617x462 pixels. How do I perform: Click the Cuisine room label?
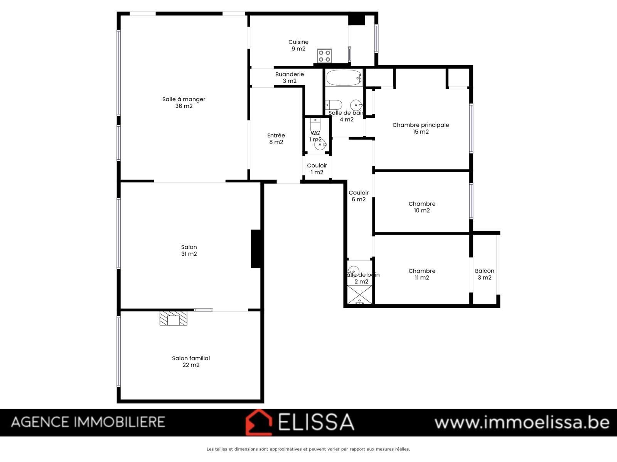tap(298, 45)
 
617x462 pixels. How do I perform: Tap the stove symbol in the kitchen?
tap(324, 56)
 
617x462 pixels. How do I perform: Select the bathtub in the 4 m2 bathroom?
tap(344, 78)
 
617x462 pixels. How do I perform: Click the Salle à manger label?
tap(184, 102)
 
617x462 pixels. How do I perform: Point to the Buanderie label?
tap(290, 77)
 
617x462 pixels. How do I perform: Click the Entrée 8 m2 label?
tap(276, 139)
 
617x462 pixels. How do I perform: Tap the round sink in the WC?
tap(320, 144)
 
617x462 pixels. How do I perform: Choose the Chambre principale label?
tap(420, 128)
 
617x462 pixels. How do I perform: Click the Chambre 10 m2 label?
tap(422, 207)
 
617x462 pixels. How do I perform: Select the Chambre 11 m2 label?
tap(422, 274)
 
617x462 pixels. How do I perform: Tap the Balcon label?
tap(485, 274)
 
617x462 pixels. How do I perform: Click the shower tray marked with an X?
tap(359, 295)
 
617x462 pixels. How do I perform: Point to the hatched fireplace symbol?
tap(174, 318)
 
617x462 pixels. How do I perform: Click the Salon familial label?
tap(191, 361)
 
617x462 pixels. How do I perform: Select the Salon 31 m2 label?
tap(189, 250)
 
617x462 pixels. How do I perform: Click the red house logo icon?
tap(259, 422)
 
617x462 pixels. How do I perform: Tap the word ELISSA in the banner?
tap(316, 422)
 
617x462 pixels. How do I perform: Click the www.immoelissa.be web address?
tap(522, 422)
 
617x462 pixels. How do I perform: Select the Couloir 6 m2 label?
tap(359, 196)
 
